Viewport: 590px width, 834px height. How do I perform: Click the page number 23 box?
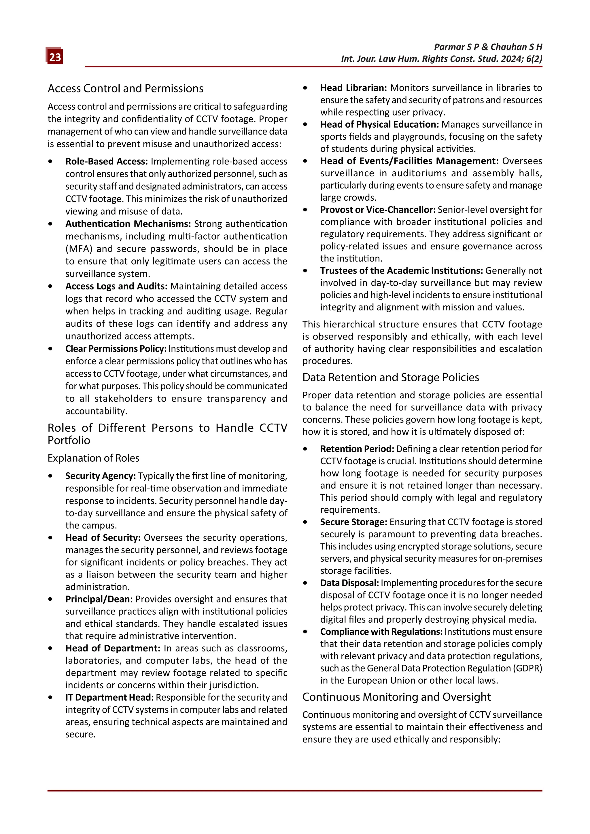tap(55, 57)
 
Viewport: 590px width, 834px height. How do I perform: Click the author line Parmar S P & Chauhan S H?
tap(488, 47)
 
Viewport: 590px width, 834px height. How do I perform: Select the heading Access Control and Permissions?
tap(125, 88)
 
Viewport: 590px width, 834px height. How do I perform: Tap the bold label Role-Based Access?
tap(106, 161)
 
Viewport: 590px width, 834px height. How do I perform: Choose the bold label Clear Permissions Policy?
tap(116, 349)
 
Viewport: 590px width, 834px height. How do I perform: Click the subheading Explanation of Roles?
tap(93, 458)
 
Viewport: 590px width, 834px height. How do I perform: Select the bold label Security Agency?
tap(100, 476)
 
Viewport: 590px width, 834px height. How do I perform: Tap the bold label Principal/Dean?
tap(99, 599)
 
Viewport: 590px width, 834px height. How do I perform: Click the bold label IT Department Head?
tap(109, 697)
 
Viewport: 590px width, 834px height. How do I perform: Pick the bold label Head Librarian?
tap(353, 88)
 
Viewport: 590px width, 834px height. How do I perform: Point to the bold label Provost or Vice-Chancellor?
tap(378, 210)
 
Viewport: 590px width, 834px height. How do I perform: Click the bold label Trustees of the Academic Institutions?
tap(401, 271)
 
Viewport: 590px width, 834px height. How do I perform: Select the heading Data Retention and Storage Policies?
tap(391, 378)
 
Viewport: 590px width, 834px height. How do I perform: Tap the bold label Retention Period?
tap(357, 449)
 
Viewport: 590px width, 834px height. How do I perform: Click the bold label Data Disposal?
tap(349, 583)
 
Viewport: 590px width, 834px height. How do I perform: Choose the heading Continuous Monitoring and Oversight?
tap(396, 697)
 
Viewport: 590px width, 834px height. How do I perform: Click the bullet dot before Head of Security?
tap(50, 538)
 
